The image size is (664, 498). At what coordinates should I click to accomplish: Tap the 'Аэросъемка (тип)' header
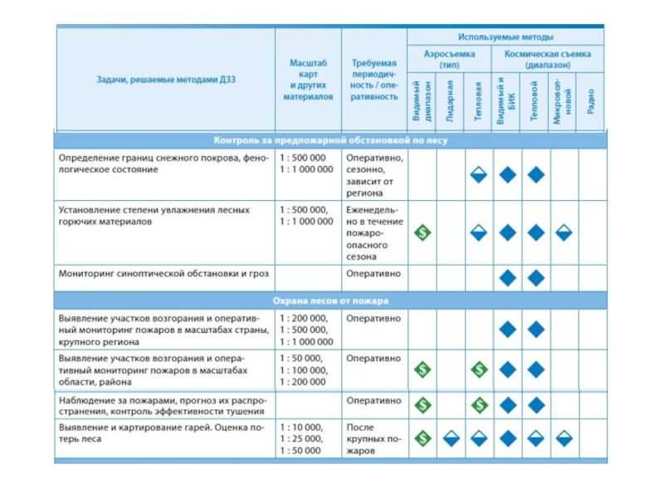[x=449, y=58]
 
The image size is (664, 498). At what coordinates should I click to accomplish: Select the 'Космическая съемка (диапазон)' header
[x=547, y=58]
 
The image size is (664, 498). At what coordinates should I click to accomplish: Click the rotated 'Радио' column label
[x=590, y=101]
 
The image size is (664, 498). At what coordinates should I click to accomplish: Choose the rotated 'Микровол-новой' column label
[x=563, y=101]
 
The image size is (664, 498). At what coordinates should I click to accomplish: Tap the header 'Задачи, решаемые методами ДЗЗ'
[x=165, y=79]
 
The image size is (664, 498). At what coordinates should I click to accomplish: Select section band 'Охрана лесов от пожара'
[x=330, y=300]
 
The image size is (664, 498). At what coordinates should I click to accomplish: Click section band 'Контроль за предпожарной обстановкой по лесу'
[x=330, y=140]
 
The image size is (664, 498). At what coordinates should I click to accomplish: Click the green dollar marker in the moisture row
[x=422, y=233]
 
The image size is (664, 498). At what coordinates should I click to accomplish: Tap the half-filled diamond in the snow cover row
[x=478, y=174]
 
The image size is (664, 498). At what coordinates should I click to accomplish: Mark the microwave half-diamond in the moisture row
[x=563, y=233]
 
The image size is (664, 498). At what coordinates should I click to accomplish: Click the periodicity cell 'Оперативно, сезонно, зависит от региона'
[x=374, y=174]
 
